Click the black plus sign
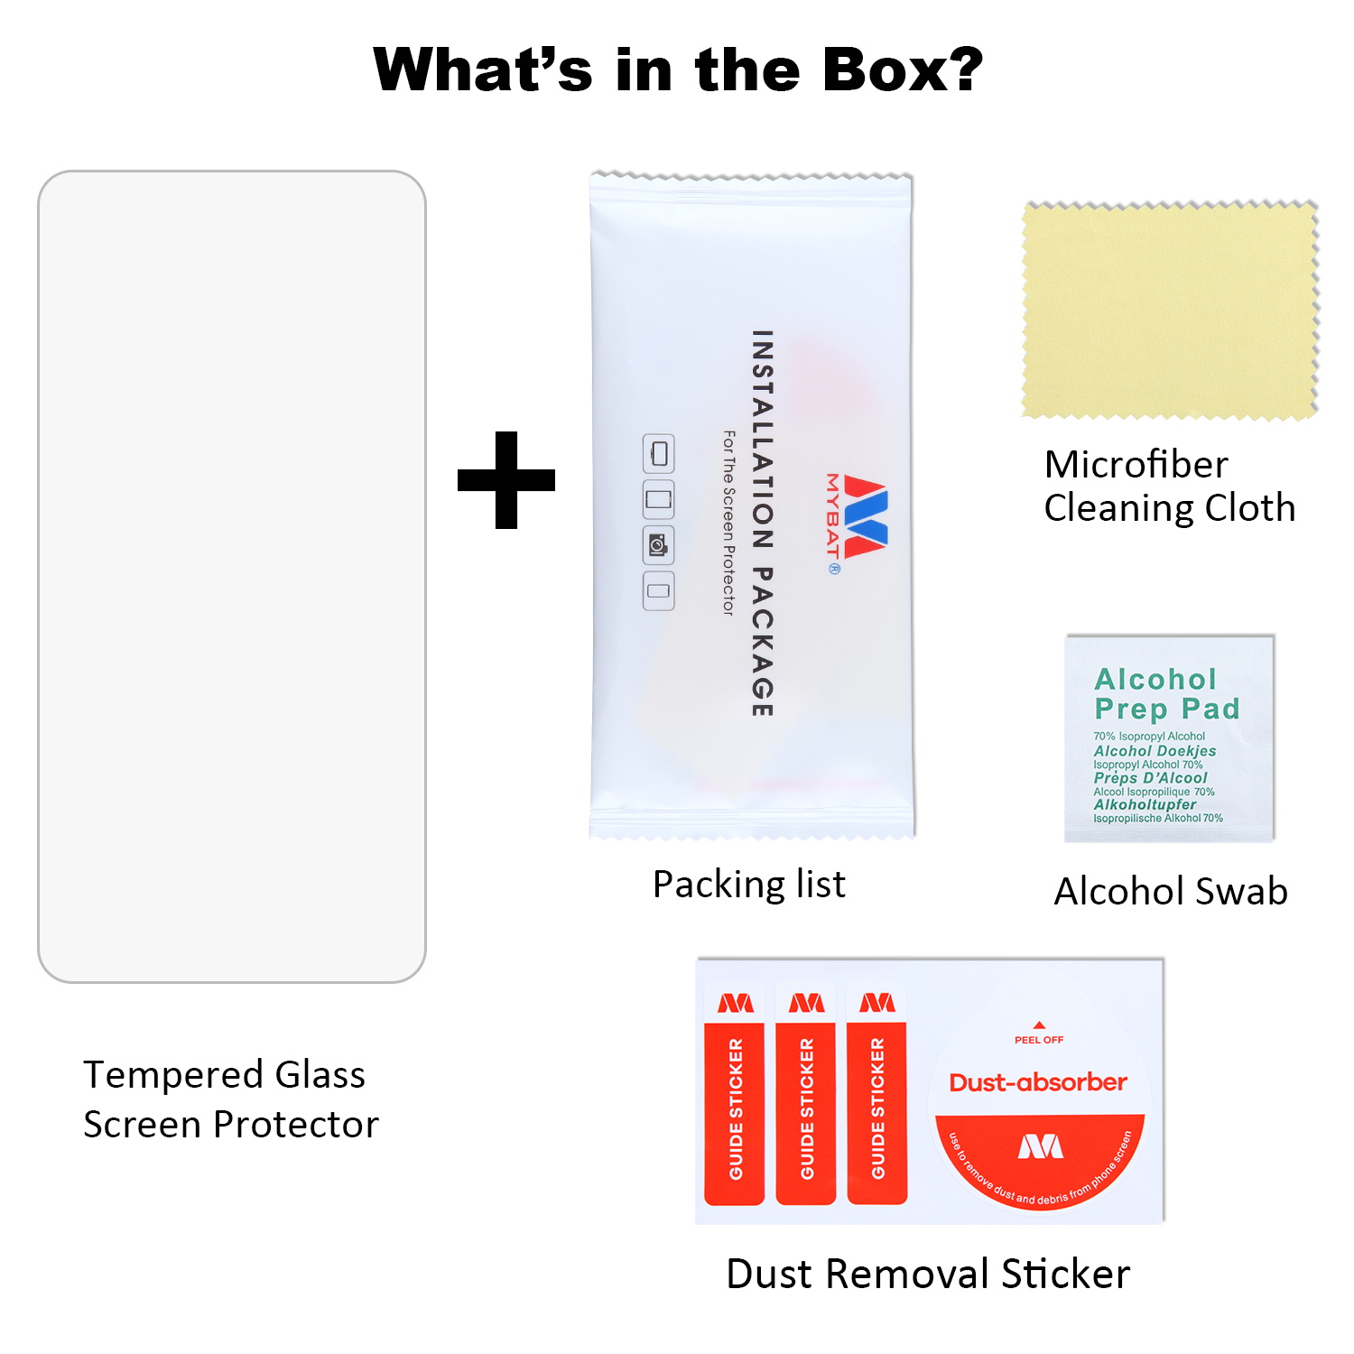[x=505, y=479]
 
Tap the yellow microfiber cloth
[x=1169, y=311]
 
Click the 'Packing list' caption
[x=749, y=885]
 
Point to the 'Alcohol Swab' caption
[x=1171, y=892]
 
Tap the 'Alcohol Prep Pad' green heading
[x=1167, y=693]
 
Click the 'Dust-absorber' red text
[x=1038, y=1082]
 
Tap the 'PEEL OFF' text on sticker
[x=1039, y=1039]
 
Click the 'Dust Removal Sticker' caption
[x=928, y=1274]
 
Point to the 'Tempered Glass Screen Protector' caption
[x=230, y=1099]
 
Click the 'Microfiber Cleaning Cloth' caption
[x=1169, y=487]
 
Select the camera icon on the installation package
[x=658, y=545]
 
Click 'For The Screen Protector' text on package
[x=728, y=523]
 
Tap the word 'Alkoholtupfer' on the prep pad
[x=1145, y=804]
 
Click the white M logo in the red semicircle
[x=1040, y=1146]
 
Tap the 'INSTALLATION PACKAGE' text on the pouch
[x=763, y=523]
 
